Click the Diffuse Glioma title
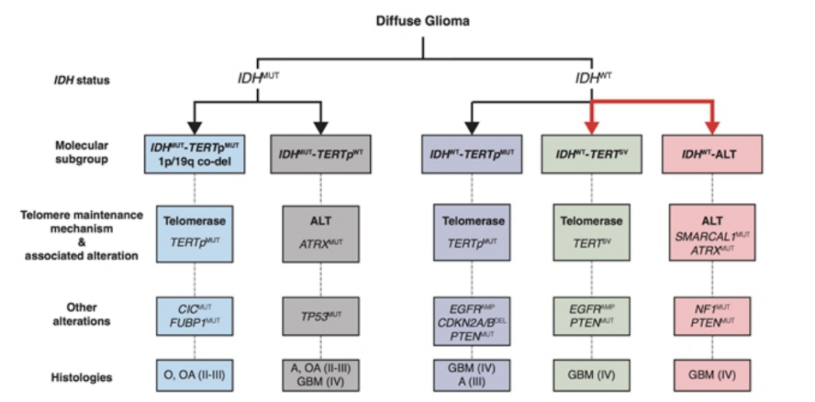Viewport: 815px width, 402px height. click(x=423, y=21)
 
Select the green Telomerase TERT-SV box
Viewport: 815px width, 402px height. click(x=591, y=233)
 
